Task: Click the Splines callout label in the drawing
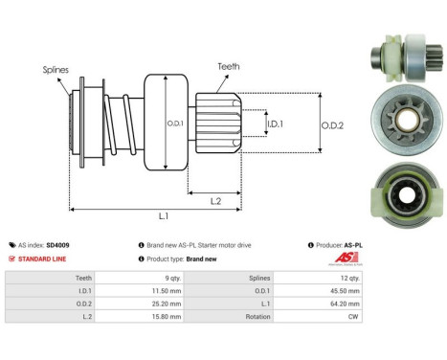[55, 69]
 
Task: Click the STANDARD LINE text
[42, 259]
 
